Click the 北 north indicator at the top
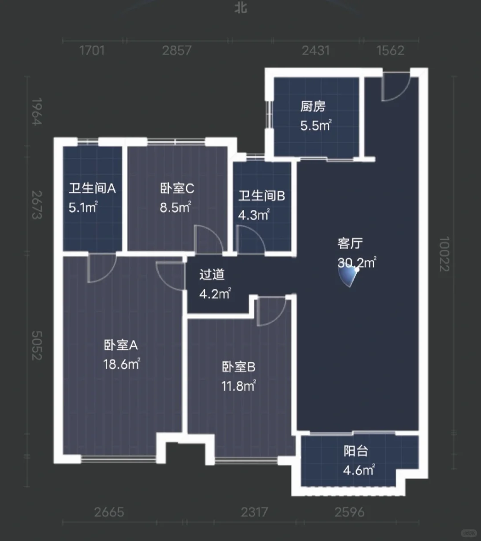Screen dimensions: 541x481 [x=240, y=8]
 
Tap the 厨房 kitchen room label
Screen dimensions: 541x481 [x=313, y=106]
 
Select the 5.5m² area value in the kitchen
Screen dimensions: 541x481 [x=315, y=125]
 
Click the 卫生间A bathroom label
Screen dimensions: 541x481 [x=92, y=189]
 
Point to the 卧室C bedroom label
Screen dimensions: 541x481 [x=177, y=189]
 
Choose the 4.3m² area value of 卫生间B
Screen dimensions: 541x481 [x=254, y=215]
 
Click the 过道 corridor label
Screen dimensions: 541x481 [x=212, y=275]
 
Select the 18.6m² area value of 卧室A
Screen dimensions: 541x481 [x=122, y=364]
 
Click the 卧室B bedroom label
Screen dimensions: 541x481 [x=238, y=367]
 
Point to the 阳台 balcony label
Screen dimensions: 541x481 [x=356, y=451]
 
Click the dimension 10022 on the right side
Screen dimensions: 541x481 [x=444, y=254]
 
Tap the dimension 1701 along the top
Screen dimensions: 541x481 [x=92, y=51]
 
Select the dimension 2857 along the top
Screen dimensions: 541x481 [x=176, y=51]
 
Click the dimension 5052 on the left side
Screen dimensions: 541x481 [x=37, y=345]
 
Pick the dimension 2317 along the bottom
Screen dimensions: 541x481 [x=254, y=512]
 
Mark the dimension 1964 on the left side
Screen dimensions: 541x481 [x=37, y=112]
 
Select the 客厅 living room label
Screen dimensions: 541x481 [x=350, y=243]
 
